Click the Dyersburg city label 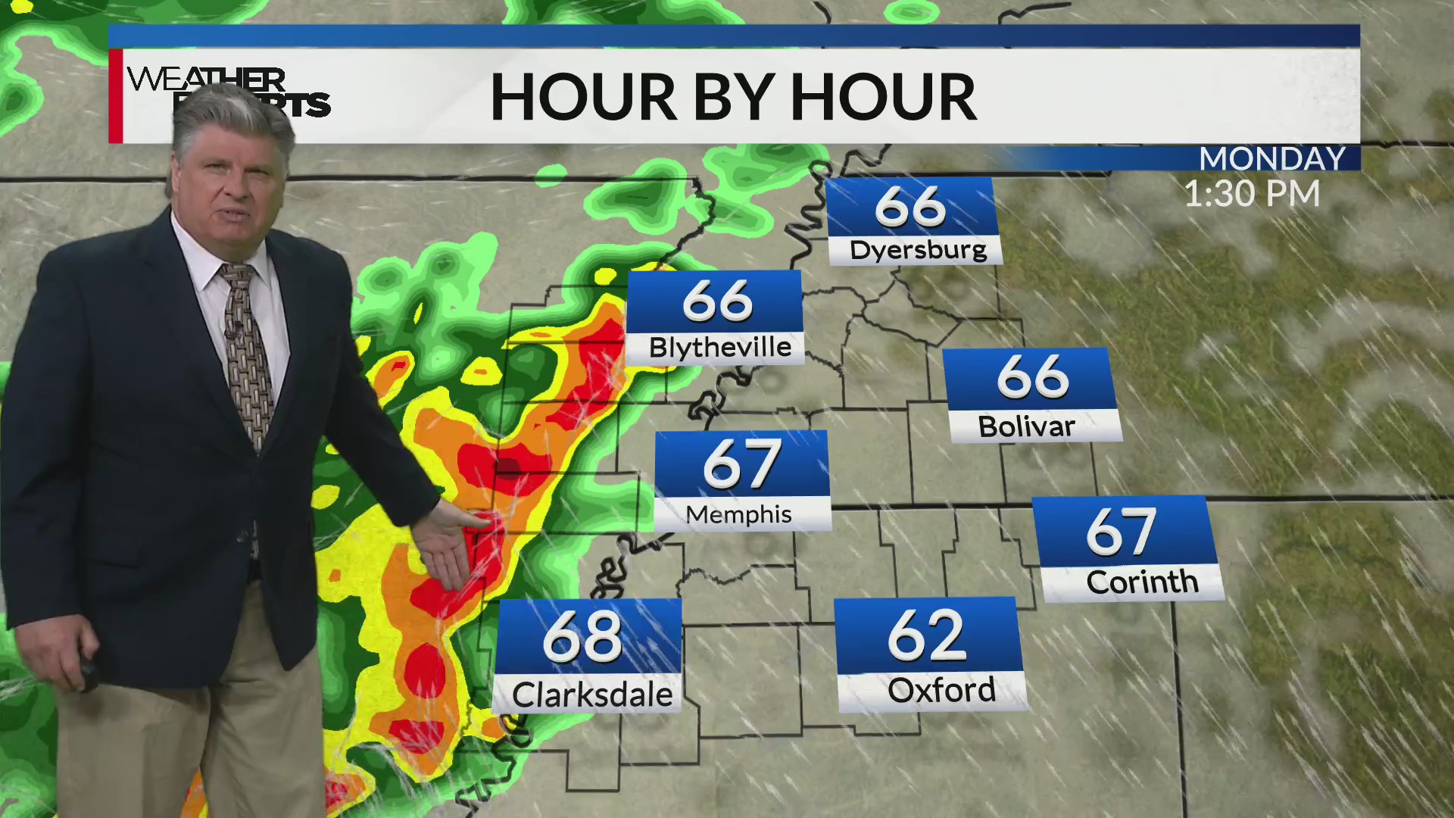click(x=918, y=250)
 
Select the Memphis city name click(x=738, y=514)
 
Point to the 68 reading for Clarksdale click(x=582, y=638)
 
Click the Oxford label click(x=941, y=690)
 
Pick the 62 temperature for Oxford click(x=926, y=635)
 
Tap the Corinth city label click(x=1142, y=582)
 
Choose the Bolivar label click(x=1026, y=426)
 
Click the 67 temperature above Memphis click(x=741, y=464)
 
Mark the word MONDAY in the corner click(x=1271, y=158)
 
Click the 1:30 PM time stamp click(x=1252, y=194)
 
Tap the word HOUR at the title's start click(x=582, y=98)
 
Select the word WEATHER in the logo click(x=206, y=79)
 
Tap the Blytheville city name click(x=719, y=348)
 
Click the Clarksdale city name click(x=592, y=695)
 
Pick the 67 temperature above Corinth click(x=1121, y=532)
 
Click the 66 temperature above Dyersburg click(x=910, y=206)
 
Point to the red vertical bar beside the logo click(x=116, y=96)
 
